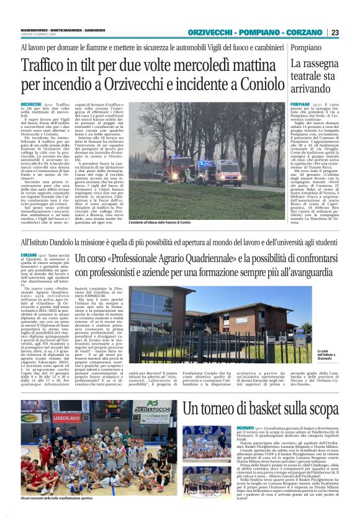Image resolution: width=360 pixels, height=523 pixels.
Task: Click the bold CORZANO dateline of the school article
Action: pyautogui.click(x=29, y=255)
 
